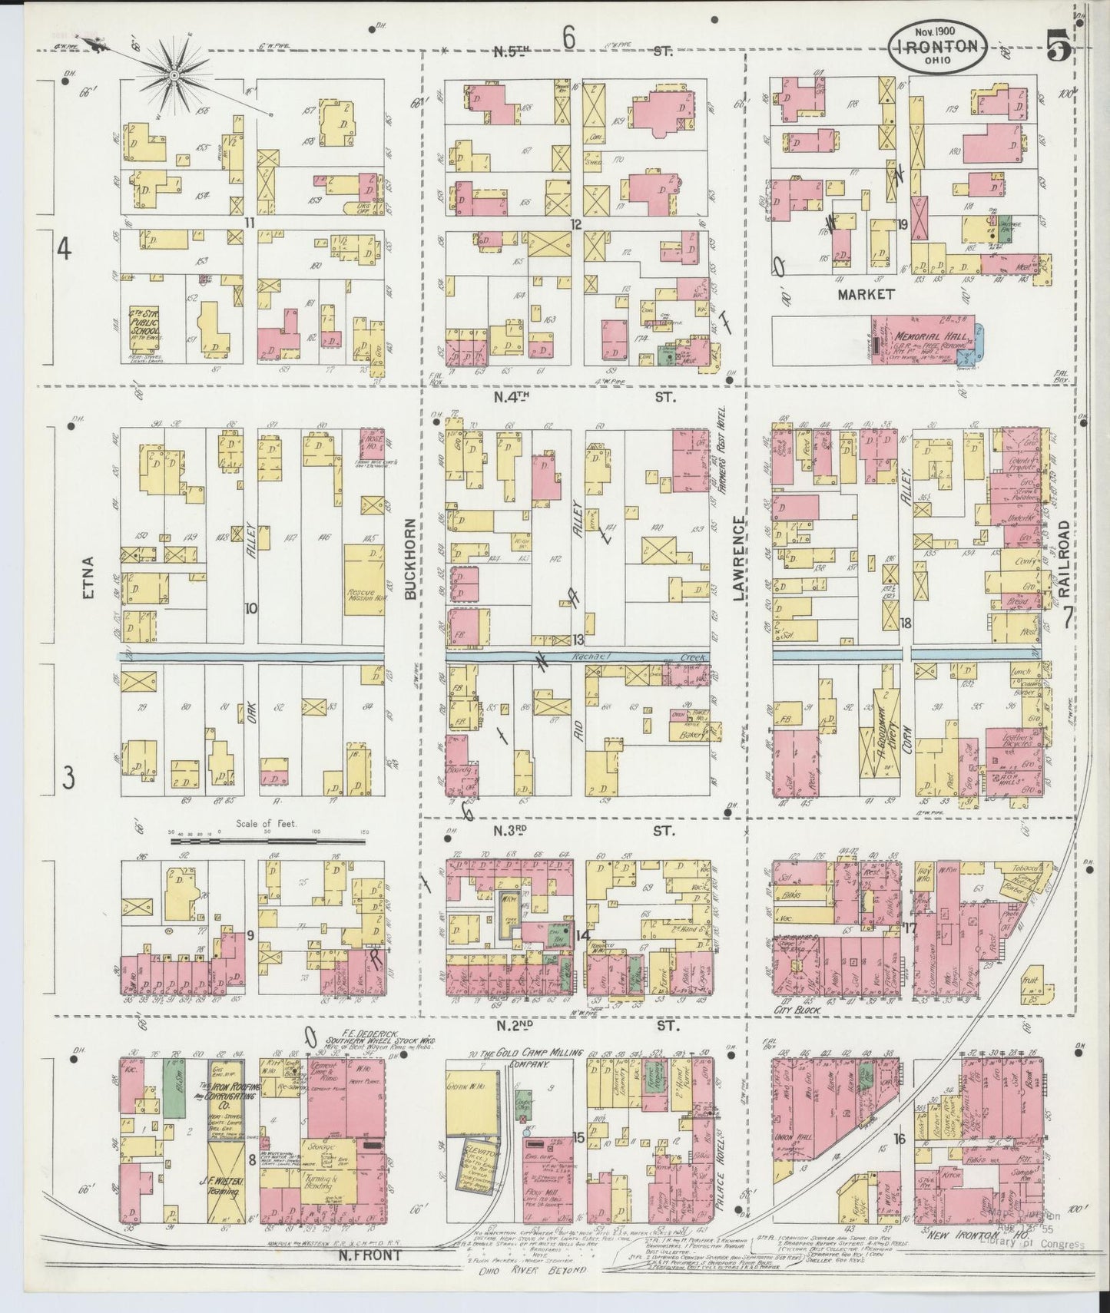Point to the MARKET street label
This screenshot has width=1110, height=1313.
866,293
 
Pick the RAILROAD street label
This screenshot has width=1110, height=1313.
1064,557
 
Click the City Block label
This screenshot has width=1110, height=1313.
800,1011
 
